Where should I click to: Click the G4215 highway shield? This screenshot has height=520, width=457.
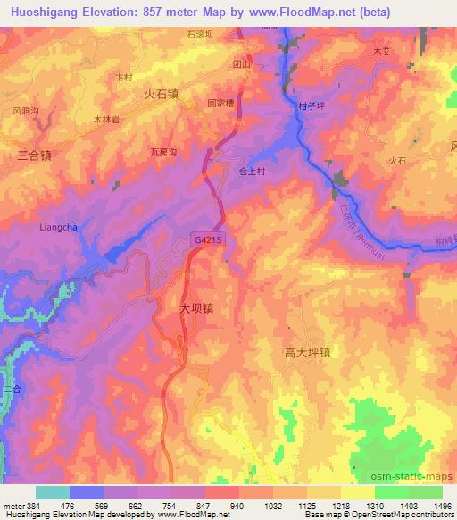pyautogui.click(x=206, y=239)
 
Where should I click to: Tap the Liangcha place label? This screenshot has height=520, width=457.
pyautogui.click(x=59, y=227)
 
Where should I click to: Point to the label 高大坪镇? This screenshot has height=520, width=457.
pyautogui.click(x=307, y=352)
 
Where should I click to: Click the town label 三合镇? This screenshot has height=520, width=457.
pyautogui.click(x=34, y=155)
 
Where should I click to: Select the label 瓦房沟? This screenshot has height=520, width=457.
pyautogui.click(x=165, y=152)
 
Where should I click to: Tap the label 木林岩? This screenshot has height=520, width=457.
pyautogui.click(x=106, y=118)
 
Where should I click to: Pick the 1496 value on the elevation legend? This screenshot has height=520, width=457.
pyautogui.click(x=444, y=505)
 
